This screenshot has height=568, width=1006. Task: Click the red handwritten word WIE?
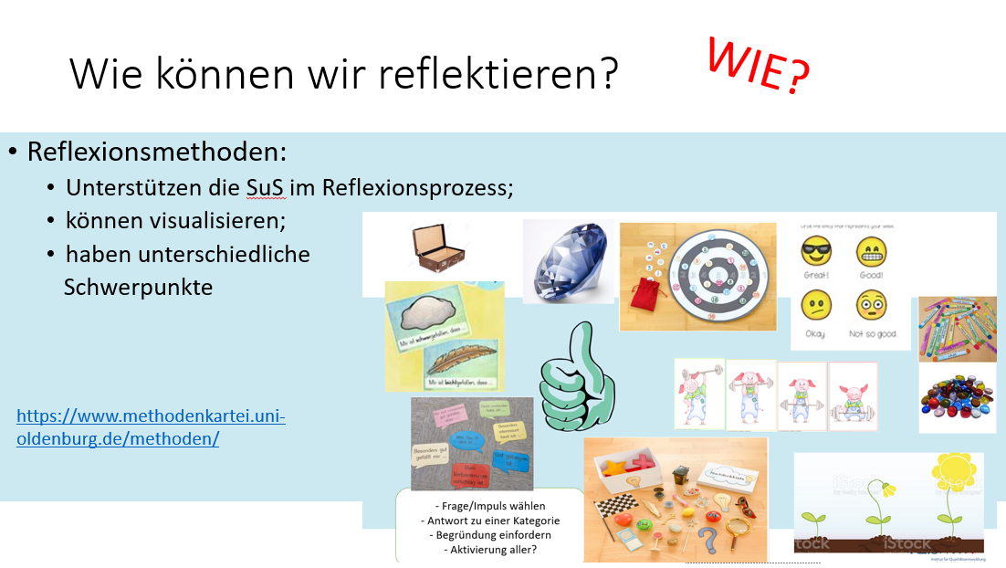click(x=759, y=66)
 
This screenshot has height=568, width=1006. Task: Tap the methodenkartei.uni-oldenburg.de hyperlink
click(x=151, y=427)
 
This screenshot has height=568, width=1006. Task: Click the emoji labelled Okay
click(x=816, y=305)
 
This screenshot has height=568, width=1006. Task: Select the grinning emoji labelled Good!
click(x=873, y=252)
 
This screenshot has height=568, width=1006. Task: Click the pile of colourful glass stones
click(x=958, y=400)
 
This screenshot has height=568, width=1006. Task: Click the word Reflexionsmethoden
click(x=157, y=152)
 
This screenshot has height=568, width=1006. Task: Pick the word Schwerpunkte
click(x=138, y=287)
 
